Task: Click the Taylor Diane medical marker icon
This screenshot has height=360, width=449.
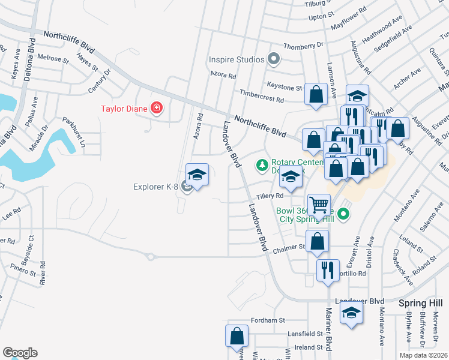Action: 157,109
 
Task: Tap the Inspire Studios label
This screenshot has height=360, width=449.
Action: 237,59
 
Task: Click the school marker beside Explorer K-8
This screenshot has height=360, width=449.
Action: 197,175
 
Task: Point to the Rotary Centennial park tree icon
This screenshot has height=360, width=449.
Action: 262,164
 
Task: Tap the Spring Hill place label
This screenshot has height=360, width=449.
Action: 420,304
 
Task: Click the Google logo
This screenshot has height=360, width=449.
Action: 20,353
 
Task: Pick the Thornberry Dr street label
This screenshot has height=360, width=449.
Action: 303,45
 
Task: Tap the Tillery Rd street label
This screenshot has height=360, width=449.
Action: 270,196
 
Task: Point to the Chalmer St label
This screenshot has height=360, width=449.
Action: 290,247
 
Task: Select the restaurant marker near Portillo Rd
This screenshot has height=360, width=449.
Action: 327,269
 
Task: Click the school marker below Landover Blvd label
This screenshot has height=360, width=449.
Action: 351,313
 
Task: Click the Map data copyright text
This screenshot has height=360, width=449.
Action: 423,355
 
